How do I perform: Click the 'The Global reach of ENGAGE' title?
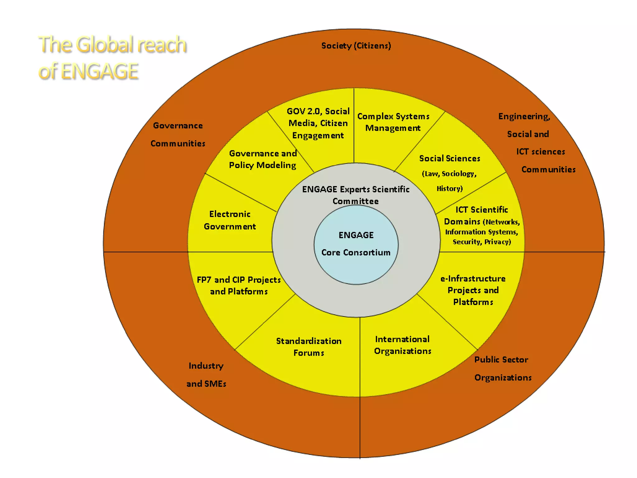112,58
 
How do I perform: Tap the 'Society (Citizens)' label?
356,46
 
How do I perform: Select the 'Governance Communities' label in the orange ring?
178,134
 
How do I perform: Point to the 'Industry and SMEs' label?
206,375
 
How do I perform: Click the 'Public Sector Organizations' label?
503,368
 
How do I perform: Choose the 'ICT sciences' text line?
541,152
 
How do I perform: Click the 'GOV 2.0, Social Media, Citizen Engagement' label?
318,123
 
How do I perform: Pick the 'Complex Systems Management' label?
393,122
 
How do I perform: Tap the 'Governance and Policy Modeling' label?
263,159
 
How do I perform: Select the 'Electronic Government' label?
230,220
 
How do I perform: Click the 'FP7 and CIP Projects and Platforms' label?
239,285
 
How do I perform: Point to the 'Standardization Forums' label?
309,347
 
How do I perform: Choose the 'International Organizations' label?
402,345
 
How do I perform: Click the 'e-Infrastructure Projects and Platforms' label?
473,290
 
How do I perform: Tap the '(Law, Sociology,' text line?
449,174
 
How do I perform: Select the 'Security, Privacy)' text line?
482,242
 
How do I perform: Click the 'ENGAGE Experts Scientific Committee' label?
356,195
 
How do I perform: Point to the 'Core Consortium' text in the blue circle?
356,252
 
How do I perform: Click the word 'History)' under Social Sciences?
449,188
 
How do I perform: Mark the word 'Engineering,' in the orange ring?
524,116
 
